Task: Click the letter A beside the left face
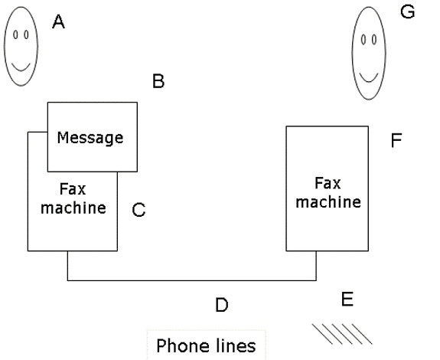tap(58, 22)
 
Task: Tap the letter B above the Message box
tap(158, 81)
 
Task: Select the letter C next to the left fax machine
tap(139, 210)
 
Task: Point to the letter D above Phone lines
tap(222, 305)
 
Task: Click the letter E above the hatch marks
tap(347, 299)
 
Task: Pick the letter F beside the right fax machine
tap(396, 140)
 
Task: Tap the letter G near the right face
tap(407, 12)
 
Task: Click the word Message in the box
tap(90, 138)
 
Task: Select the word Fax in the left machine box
tap(73, 189)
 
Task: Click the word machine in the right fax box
tap(328, 201)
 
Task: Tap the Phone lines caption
tap(206, 345)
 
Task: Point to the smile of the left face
tap(21, 67)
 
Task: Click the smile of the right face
tap(369, 78)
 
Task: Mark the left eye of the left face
tap(16, 34)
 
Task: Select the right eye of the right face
tap(373, 40)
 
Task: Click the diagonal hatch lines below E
tap(342, 334)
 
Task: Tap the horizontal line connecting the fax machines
tap(192, 280)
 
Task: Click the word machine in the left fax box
tap(73, 208)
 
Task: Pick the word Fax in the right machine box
tap(328, 183)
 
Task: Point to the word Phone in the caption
tap(182, 345)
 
